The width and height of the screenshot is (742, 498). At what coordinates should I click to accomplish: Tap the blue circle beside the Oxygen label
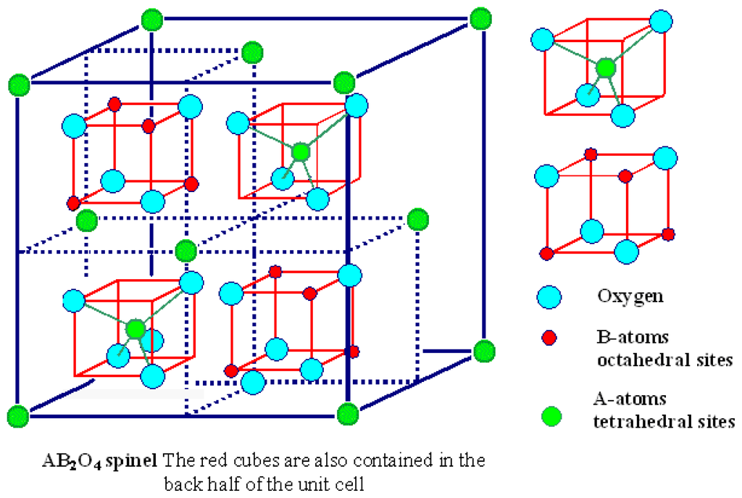tap(550, 296)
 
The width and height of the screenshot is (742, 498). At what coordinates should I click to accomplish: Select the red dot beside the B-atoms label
tap(550, 337)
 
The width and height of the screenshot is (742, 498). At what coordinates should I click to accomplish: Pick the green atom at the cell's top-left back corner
tap(150, 19)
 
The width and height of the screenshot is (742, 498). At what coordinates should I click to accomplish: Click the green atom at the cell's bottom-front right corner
tap(347, 415)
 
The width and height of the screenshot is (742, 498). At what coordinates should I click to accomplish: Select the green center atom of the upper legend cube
tap(606, 68)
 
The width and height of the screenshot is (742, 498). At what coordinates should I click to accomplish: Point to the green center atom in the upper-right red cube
tap(300, 152)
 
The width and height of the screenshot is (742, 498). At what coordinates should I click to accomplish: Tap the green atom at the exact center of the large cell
tap(186, 251)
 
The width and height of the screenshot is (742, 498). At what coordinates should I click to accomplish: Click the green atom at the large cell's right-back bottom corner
tap(483, 351)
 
